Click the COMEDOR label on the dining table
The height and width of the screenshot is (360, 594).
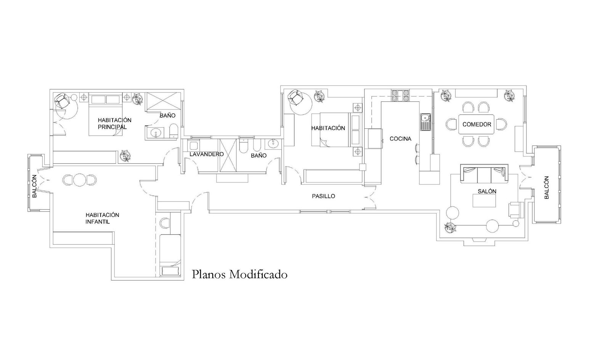(x=477, y=124)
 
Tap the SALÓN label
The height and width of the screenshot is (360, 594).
(x=487, y=191)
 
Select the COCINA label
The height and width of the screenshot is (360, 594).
(x=400, y=139)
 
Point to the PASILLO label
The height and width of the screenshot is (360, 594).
(x=323, y=196)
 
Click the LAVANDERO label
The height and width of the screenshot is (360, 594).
(x=207, y=154)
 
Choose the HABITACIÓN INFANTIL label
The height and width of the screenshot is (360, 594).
(x=102, y=218)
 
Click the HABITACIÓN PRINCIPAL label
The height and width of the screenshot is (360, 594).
(x=114, y=123)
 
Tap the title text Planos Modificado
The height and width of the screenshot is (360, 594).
(x=240, y=275)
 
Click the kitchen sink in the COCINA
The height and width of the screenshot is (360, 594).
(x=425, y=122)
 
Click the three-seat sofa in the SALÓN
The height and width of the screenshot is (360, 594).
(x=484, y=174)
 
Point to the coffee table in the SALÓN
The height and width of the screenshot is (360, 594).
(x=484, y=200)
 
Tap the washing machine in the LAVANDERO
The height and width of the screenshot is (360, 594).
(x=193, y=145)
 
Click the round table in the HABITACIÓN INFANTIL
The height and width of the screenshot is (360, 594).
(x=79, y=180)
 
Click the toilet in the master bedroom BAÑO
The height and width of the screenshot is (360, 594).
(x=173, y=131)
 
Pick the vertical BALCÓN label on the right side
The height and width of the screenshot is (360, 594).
(x=546, y=187)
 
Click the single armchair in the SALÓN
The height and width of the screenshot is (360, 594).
(x=516, y=210)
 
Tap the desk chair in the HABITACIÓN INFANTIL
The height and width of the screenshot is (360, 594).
(x=165, y=223)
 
